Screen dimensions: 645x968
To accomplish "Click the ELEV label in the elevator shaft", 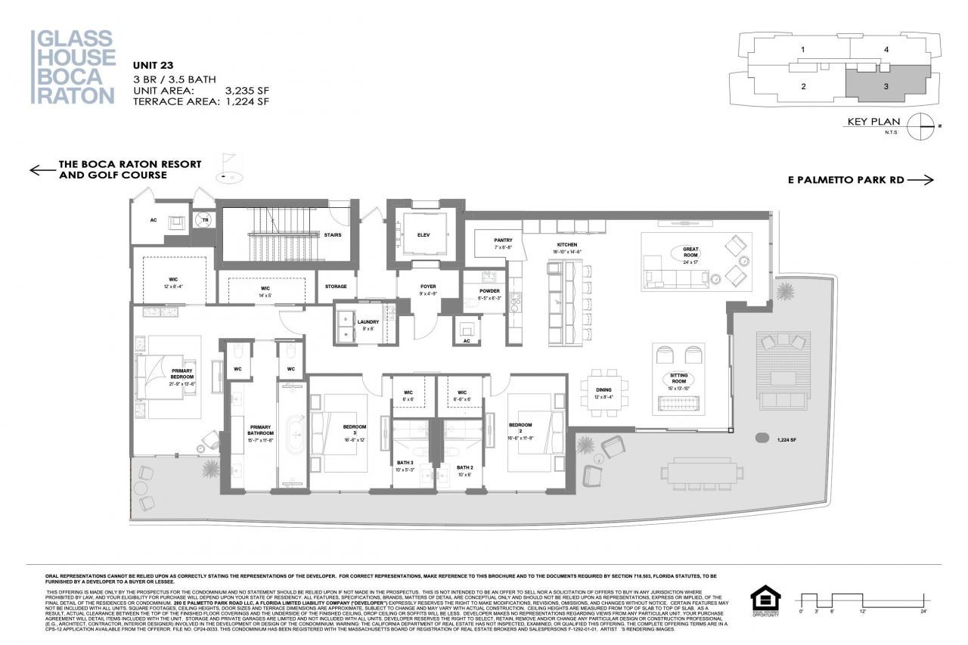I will (x=423, y=235).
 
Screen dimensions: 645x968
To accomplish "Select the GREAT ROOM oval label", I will (x=690, y=253).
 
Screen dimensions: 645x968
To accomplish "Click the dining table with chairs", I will (x=602, y=392).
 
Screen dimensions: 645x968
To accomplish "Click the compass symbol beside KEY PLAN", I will (x=920, y=125).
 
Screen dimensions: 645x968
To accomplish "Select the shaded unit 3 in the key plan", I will (x=884, y=85).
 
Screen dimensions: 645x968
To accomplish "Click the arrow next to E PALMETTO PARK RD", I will (x=920, y=180).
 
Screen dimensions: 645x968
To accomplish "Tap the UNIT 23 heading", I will (x=154, y=65).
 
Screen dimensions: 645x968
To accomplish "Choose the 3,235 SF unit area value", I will (x=247, y=90).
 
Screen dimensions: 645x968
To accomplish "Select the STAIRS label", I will (x=333, y=235).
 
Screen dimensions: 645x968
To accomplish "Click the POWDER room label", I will (x=489, y=293).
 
